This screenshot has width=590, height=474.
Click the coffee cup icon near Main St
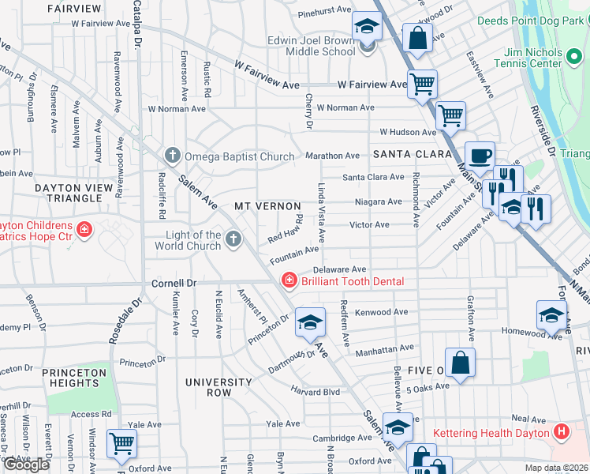[x=480, y=156]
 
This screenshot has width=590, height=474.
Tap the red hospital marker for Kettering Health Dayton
[x=561, y=432]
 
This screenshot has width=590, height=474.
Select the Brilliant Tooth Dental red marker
[x=289, y=281]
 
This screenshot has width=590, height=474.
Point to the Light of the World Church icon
[x=233, y=239]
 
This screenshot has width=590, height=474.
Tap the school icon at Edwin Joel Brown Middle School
[x=366, y=28]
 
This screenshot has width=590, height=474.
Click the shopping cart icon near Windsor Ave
[x=121, y=444]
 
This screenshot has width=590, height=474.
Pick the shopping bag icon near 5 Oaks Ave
[x=460, y=363]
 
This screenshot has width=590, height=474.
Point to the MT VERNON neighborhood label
[x=267, y=206]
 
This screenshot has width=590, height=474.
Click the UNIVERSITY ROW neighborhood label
[x=218, y=387]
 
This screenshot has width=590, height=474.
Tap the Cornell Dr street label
[x=173, y=283]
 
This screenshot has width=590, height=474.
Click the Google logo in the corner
[x=26, y=465]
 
